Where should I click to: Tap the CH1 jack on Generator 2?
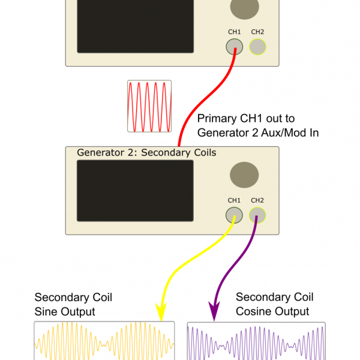pos(234,215)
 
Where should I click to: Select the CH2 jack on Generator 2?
pos(257,215)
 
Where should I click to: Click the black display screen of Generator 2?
pos(135,191)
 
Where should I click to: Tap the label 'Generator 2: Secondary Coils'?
pos(146,152)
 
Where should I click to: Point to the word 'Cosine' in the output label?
pos(256,311)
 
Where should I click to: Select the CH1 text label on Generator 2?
pos(234,200)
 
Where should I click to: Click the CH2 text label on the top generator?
pos(257,32)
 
